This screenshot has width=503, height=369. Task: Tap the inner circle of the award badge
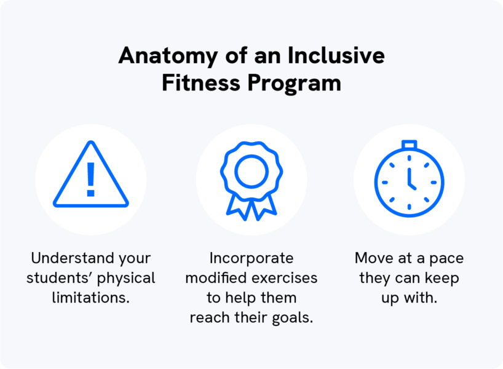[251, 171]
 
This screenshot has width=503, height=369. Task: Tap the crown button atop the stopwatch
[409, 145]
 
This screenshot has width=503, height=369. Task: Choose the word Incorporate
[251, 258]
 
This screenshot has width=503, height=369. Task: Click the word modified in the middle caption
[216, 277]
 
